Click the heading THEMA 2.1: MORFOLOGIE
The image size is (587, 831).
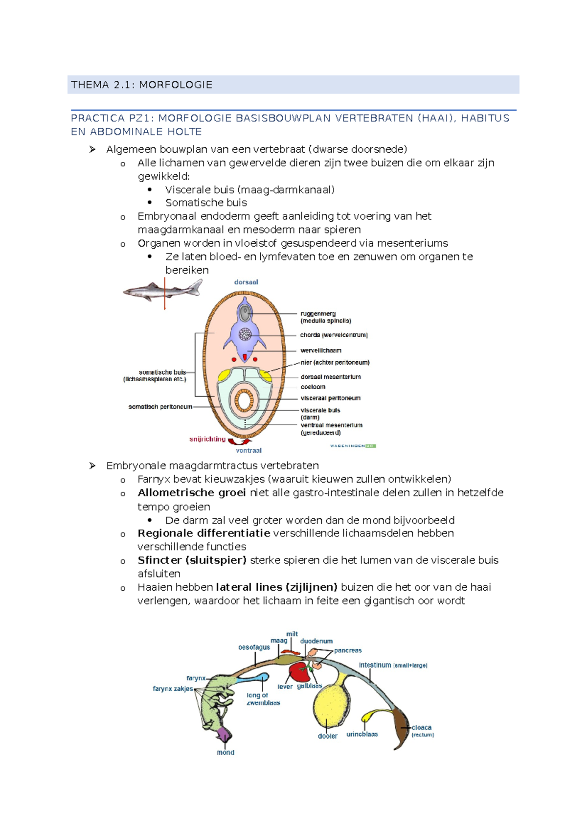click(x=141, y=85)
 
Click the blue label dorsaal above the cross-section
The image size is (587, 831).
click(x=246, y=282)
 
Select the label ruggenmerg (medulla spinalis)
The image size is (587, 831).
click(x=325, y=317)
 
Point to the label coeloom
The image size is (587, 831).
click(x=313, y=387)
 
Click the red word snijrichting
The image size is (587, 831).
click(x=207, y=439)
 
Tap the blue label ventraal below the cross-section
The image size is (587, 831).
click(x=248, y=450)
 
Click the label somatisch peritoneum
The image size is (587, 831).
click(x=160, y=407)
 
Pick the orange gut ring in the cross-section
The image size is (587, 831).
click(x=244, y=400)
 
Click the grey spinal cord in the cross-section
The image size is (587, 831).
click(x=245, y=313)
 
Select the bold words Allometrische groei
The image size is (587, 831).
click(x=191, y=493)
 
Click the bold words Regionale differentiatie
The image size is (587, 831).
click(x=203, y=533)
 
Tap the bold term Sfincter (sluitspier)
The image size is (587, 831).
click(x=192, y=560)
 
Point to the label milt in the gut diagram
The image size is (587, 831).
click(x=292, y=634)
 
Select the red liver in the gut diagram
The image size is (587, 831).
click(x=299, y=673)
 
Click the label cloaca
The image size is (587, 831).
click(x=421, y=728)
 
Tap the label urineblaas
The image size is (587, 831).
click(x=362, y=734)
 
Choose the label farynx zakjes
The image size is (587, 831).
click(x=173, y=689)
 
